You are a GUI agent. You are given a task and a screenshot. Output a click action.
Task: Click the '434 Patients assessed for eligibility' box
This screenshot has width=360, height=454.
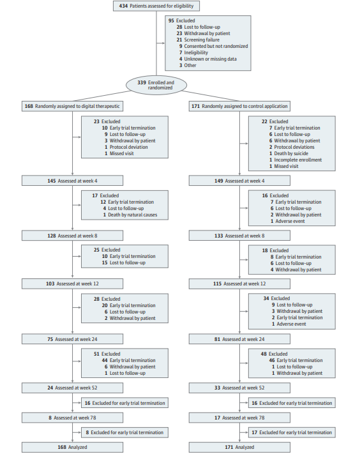click(x=156, y=6)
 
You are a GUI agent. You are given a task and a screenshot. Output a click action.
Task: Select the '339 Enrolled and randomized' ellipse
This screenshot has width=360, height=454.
click(x=156, y=85)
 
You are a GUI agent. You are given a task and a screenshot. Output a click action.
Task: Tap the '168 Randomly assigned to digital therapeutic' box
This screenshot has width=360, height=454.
click(x=72, y=106)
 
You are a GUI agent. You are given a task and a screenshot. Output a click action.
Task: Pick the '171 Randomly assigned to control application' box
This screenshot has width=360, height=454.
click(x=239, y=106)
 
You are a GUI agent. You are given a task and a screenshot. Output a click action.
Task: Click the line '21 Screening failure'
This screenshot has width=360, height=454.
click(x=199, y=40)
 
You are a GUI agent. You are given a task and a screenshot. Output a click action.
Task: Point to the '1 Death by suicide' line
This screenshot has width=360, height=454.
click(x=289, y=153)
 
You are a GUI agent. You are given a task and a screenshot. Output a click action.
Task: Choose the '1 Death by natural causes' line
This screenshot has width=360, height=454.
click(x=130, y=215)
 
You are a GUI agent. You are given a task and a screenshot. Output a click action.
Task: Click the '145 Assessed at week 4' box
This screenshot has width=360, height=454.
click(x=72, y=181)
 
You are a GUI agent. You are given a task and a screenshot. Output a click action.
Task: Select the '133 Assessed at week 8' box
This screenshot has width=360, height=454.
click(x=239, y=236)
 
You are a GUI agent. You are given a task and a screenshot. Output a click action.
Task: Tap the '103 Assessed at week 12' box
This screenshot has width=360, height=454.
click(x=72, y=284)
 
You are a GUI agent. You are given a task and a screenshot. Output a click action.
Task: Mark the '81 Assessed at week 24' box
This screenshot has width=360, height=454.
click(x=239, y=339)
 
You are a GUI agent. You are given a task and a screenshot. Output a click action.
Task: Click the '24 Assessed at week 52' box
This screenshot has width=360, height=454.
click(x=72, y=388)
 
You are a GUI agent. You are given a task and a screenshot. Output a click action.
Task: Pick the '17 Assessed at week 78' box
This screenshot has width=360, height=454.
click(x=239, y=418)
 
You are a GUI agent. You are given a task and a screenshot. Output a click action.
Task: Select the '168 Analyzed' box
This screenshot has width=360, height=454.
click(x=72, y=448)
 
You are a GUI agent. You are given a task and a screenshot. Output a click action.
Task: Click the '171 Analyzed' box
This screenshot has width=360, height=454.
click(x=239, y=448)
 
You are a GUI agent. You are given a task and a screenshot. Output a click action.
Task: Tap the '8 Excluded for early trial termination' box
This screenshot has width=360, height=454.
click(x=124, y=432)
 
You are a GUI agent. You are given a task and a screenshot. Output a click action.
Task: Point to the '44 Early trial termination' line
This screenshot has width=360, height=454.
click(x=128, y=361)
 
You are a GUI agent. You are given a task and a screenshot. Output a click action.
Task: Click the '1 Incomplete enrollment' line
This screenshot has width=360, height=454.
click(x=296, y=160)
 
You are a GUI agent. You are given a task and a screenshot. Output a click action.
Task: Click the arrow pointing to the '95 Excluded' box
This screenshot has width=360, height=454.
click(x=161, y=43)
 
